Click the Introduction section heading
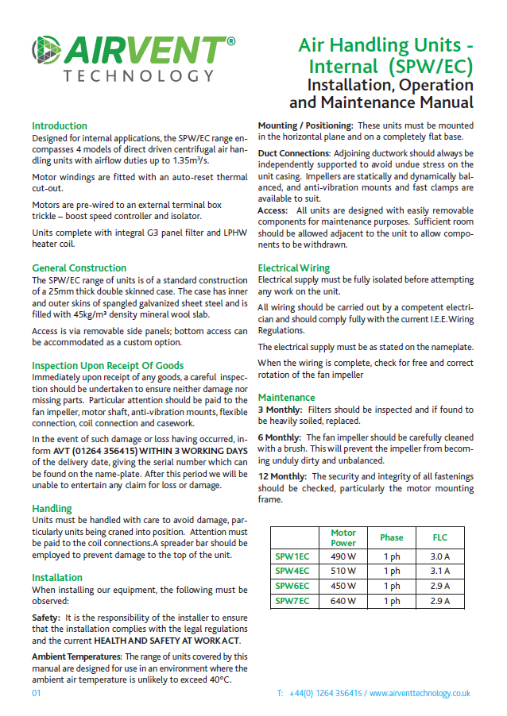tap(60, 126)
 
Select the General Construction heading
tap(79, 268)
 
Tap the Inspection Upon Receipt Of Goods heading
tap(107, 366)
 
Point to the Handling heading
tap(52, 508)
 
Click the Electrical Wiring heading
tap(294, 269)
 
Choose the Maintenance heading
tap(286, 398)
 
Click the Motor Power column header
tap(343, 538)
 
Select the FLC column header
tap(439, 537)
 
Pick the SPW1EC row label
tap(292, 556)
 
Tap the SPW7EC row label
tap(292, 601)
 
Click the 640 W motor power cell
tap(343, 601)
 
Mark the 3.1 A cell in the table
tap(439, 572)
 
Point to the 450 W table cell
tap(343, 586)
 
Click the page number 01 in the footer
tap(37, 693)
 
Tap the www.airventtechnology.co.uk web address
tap(420, 693)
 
